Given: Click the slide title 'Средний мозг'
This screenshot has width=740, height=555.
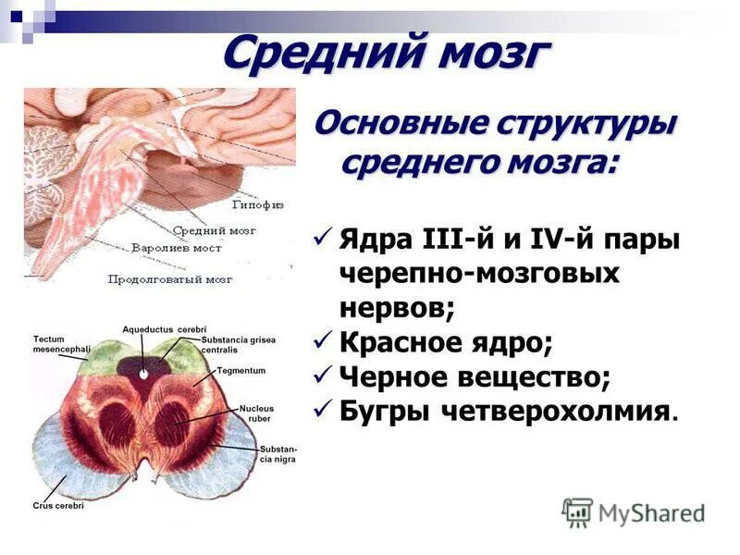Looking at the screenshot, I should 386,53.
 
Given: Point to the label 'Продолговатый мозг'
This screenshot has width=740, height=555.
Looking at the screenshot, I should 170,277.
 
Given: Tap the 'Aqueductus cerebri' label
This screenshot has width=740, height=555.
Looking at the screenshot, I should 164,329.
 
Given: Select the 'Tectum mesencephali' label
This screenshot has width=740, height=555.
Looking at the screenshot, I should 60,345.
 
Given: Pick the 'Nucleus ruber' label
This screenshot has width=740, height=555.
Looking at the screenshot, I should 255,413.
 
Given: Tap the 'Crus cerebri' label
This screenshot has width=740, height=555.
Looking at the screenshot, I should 58,506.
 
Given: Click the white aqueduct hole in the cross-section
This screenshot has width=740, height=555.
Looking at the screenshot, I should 143,374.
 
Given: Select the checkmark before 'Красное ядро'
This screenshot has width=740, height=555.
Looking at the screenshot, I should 322,341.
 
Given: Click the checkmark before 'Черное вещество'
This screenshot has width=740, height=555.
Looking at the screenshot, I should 322,375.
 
